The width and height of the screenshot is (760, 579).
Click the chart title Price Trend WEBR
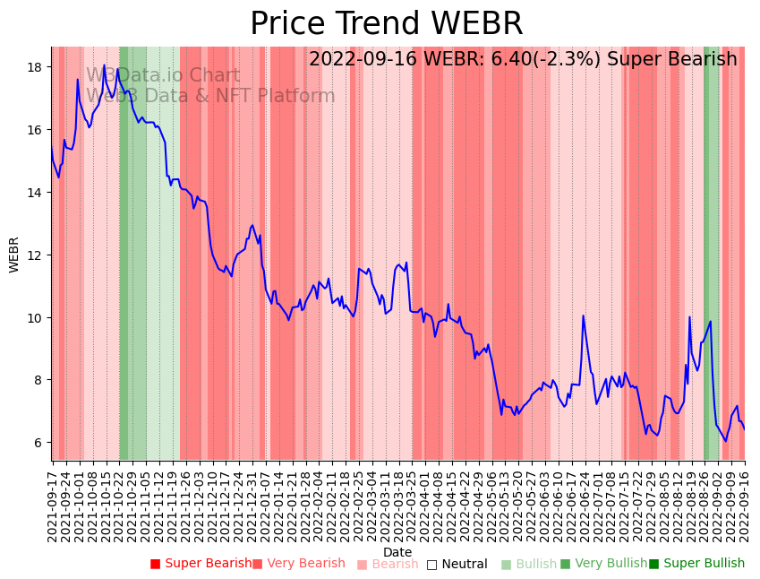pyautogui.click(x=386, y=24)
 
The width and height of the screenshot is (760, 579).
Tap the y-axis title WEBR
pyautogui.click(x=14, y=255)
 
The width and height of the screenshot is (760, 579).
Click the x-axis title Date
pyautogui.click(x=397, y=553)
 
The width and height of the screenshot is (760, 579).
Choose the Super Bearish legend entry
pyautogui.click(x=201, y=564)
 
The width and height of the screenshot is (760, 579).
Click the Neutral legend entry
pyautogui.click(x=457, y=564)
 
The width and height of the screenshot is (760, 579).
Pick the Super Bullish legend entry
pyautogui.click(x=696, y=564)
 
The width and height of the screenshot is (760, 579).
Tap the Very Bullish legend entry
pyautogui.click(x=603, y=564)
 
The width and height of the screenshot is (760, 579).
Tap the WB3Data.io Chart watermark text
pyautogui.click(x=163, y=76)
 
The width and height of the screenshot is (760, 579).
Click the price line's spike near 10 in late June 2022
pyautogui.click(x=583, y=315)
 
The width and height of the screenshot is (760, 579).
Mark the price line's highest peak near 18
pyautogui.click(x=104, y=65)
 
